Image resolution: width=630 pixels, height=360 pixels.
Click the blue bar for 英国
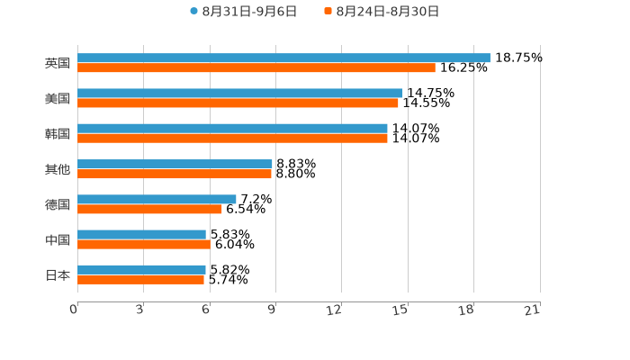point(283,58)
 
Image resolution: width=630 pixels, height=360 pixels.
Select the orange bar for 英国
point(256,68)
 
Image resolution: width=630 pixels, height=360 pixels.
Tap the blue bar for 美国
point(240,93)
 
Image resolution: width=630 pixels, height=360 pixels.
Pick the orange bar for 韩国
point(232,139)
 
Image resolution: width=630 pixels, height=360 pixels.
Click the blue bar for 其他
point(175,164)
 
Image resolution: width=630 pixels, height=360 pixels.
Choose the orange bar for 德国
point(149,210)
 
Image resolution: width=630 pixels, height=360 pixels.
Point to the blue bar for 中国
point(141,234)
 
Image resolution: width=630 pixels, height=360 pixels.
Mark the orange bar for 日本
point(140,280)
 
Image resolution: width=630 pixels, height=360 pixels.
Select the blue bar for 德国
point(157,199)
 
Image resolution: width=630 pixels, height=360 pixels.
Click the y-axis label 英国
point(58,63)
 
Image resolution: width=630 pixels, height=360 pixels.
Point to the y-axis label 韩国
point(58,133)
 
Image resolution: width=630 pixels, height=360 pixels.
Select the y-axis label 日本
point(58,274)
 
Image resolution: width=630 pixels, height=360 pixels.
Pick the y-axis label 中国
point(58,239)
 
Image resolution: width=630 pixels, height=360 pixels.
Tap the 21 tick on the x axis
point(532,310)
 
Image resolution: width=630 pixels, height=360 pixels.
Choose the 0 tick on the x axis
point(74,310)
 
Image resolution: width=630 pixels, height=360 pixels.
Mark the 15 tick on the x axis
point(400,310)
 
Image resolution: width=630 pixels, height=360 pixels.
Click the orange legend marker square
point(328,12)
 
